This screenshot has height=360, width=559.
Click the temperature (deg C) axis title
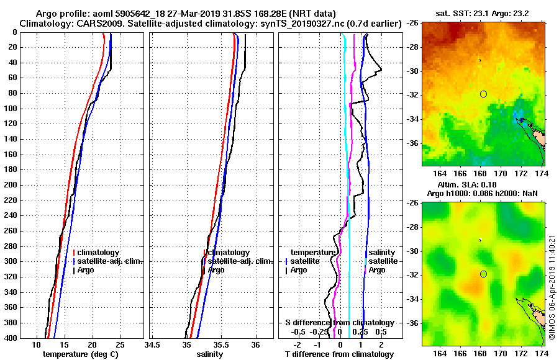(80, 354)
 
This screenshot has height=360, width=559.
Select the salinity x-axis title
(209, 354)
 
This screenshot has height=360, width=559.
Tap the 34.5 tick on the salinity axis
(152, 344)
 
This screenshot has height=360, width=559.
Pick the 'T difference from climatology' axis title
(339, 354)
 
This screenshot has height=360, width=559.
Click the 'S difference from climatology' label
(339, 323)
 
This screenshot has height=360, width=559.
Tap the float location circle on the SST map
(483, 94)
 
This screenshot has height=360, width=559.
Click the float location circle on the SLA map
(483, 274)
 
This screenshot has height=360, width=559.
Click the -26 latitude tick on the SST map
(412, 24)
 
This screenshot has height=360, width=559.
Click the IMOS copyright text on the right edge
(552, 286)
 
